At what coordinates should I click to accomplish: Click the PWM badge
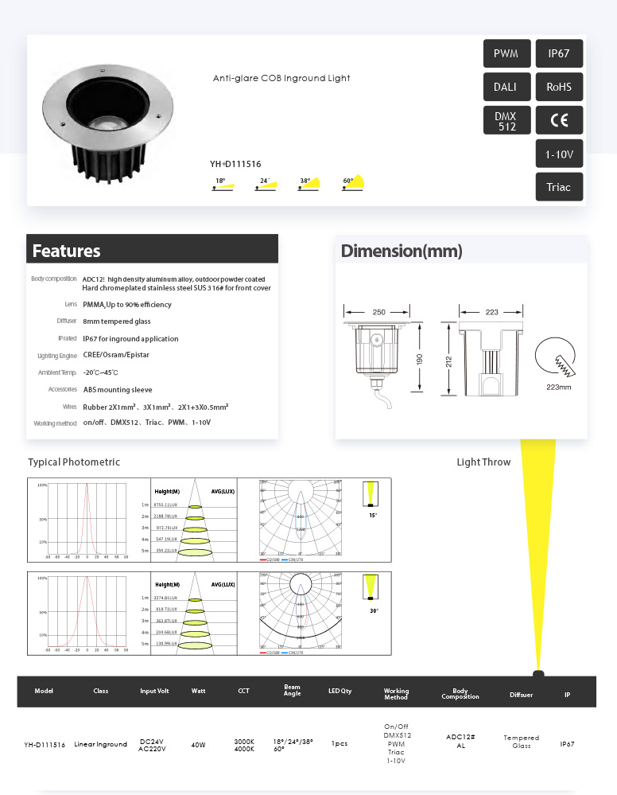click(x=506, y=54)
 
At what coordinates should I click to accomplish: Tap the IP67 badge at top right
click(x=559, y=54)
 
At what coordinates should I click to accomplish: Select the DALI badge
click(x=506, y=88)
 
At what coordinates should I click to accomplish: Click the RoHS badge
click(x=559, y=88)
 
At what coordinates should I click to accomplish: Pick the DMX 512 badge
click(x=506, y=121)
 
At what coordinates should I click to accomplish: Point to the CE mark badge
click(x=559, y=121)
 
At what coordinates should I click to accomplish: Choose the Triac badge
click(x=559, y=187)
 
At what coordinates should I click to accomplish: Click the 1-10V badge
click(x=559, y=154)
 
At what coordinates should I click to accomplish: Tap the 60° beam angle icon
click(x=352, y=183)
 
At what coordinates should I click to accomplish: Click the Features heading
click(x=67, y=251)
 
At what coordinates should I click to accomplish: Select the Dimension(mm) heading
click(x=402, y=251)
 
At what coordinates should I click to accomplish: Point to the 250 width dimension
click(x=378, y=312)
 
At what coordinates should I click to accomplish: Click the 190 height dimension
click(x=419, y=360)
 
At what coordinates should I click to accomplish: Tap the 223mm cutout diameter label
click(x=558, y=387)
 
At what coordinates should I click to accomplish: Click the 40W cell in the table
click(x=198, y=745)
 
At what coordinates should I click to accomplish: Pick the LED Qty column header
click(x=340, y=691)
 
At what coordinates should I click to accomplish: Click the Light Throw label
click(x=483, y=462)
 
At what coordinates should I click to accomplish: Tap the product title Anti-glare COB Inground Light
click(x=281, y=78)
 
